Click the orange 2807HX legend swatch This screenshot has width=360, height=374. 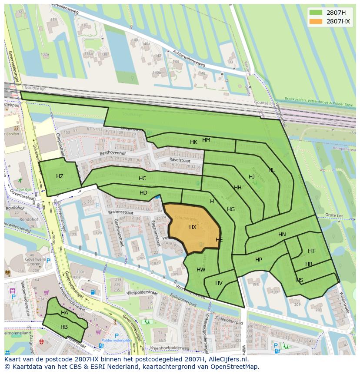(x=316, y=21)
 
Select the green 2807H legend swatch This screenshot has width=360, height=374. (x=316, y=13)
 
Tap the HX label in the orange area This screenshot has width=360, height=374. (x=193, y=227)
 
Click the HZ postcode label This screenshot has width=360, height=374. (x=60, y=176)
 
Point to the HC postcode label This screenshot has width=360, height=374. (x=142, y=179)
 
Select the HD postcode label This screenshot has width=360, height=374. (x=143, y=193)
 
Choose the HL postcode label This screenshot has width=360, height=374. (x=271, y=170)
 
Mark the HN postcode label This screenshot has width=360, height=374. (x=282, y=235)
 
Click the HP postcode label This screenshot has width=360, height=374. (x=259, y=260)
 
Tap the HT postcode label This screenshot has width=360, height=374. (x=311, y=251)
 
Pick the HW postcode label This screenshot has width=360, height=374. (x=201, y=270)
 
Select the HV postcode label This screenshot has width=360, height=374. (x=219, y=283)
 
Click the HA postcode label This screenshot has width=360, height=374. (x=64, y=313)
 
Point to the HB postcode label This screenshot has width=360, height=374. (x=64, y=327)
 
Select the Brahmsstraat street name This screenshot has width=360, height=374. (x=120, y=212)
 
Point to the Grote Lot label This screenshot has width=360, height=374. (x=334, y=215)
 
